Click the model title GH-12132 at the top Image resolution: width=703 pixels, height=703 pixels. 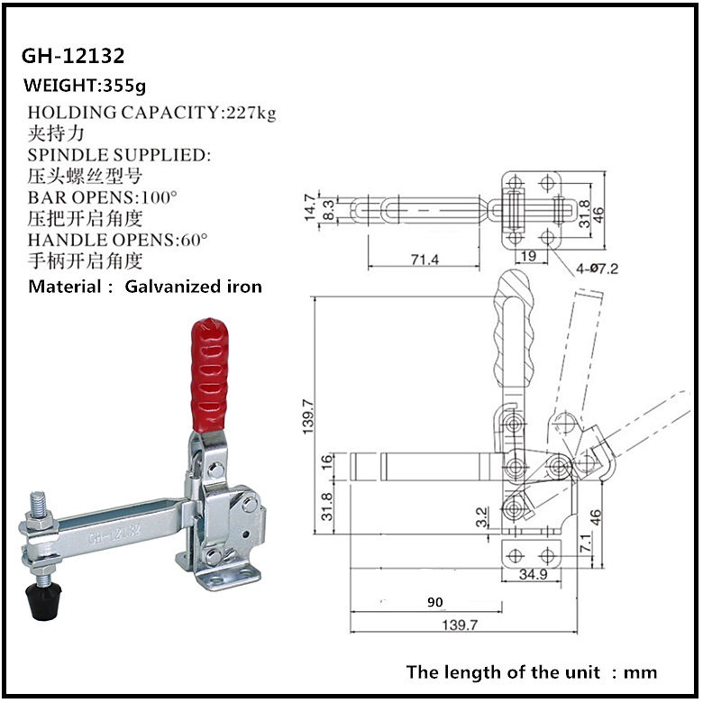[73, 56]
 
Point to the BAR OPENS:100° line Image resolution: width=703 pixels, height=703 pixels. [103, 197]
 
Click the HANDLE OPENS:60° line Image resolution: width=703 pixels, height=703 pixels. [118, 241]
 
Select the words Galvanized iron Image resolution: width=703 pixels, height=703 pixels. [194, 288]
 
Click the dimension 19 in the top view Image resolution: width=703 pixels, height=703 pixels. [530, 258]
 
